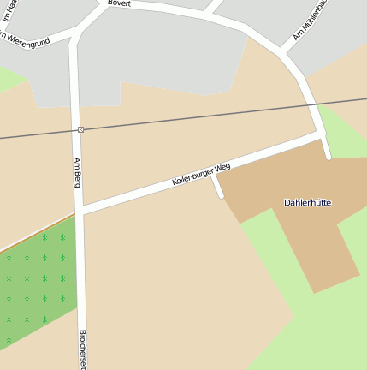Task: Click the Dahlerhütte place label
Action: (x=307, y=203)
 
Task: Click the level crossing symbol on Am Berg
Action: (x=80, y=129)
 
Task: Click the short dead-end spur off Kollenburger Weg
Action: (x=217, y=187)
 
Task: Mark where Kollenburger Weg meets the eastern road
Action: (x=322, y=134)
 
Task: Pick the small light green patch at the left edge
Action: (x=10, y=79)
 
